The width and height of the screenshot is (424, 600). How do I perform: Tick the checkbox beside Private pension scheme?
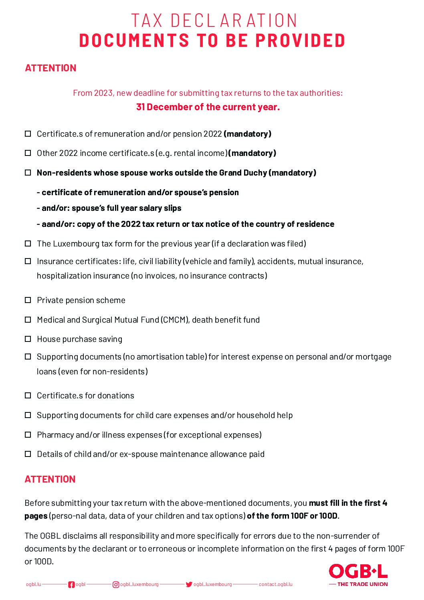click(x=28, y=300)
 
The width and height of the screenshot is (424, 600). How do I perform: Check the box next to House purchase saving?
click(x=28, y=339)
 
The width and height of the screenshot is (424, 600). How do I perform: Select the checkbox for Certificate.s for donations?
click(x=28, y=396)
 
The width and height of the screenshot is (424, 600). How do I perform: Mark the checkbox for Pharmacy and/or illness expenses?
click(x=28, y=434)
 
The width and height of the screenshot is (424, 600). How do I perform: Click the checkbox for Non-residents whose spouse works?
click(x=28, y=173)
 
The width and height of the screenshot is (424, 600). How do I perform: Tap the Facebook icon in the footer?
click(x=71, y=584)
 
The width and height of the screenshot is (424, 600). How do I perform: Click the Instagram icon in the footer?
click(x=116, y=584)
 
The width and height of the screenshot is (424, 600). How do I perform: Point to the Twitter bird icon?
click(x=189, y=584)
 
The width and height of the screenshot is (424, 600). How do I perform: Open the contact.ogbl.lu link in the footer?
click(x=275, y=584)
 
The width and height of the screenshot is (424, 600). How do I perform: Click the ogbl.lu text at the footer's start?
click(x=34, y=584)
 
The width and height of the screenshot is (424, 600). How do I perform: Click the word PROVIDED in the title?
click(x=300, y=40)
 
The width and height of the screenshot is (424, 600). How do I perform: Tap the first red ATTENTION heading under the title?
click(x=50, y=68)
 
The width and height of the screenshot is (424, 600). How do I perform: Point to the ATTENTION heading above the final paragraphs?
click(x=50, y=479)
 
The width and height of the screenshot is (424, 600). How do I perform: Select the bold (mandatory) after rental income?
click(x=252, y=153)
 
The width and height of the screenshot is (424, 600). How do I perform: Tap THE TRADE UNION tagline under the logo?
click(x=362, y=584)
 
